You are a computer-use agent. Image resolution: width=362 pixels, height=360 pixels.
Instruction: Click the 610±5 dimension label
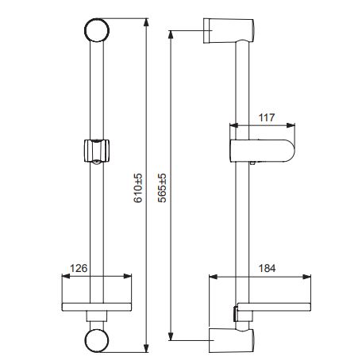click(138, 188)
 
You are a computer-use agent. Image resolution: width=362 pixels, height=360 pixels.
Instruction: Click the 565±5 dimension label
click(162, 188)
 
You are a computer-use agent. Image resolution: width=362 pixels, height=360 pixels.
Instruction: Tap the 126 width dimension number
click(79, 268)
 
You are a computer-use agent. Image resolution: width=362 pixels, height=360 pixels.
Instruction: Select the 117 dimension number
click(267, 117)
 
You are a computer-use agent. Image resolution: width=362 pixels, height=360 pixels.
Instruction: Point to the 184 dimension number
click(267, 268)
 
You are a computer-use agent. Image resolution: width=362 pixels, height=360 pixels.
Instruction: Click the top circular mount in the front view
click(97, 30)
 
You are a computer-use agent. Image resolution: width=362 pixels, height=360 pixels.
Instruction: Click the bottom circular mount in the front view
click(97, 340)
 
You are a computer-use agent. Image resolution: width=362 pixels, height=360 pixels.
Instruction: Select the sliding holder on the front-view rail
click(97, 151)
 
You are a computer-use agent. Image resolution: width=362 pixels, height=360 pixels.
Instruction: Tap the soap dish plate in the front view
click(97, 307)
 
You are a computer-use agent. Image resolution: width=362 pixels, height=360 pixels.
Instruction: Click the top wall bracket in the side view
click(229, 31)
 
